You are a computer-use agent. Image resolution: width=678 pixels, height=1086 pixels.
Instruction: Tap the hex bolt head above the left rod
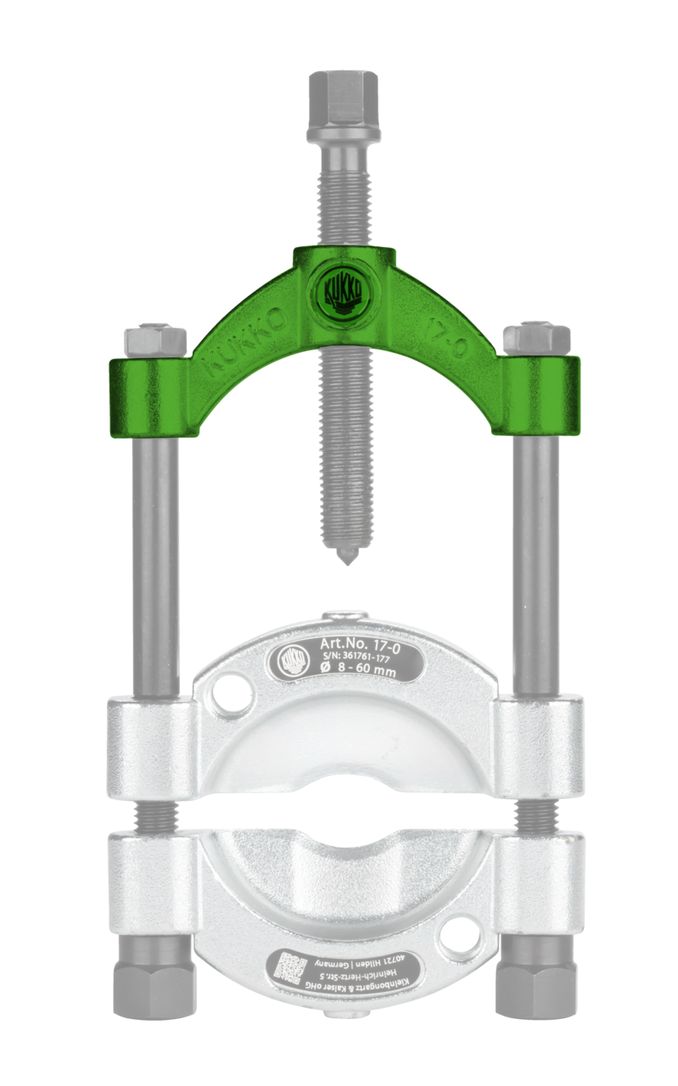point(155,339)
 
